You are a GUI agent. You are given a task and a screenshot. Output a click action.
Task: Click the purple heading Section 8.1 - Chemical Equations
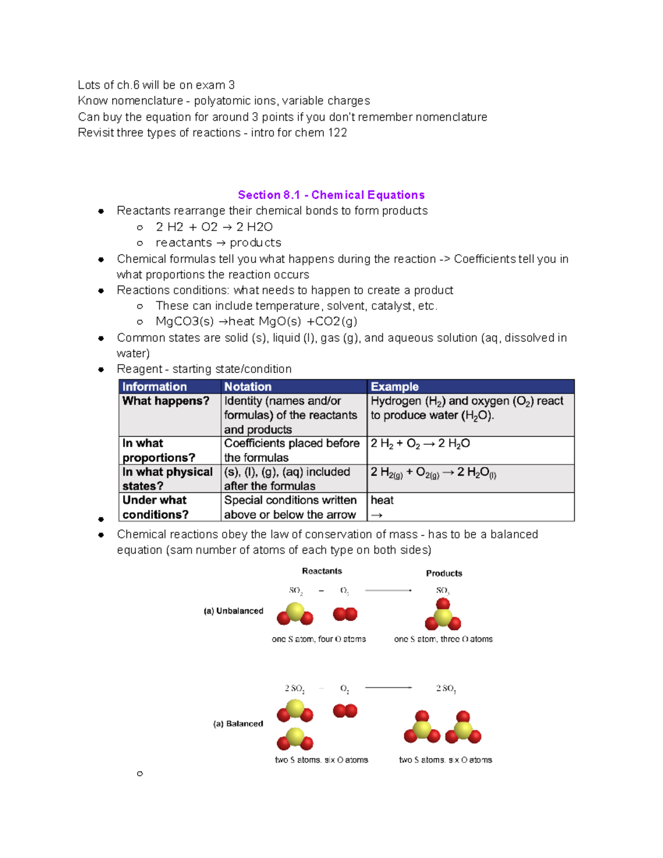point(331,195)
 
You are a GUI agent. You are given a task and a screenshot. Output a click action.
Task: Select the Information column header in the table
point(154,387)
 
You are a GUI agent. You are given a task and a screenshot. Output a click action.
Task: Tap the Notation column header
point(248,387)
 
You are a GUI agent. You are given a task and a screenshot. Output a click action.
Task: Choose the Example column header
point(394,387)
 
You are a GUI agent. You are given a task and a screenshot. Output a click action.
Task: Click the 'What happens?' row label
point(166,401)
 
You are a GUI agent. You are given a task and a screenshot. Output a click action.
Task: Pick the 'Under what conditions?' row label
point(155,507)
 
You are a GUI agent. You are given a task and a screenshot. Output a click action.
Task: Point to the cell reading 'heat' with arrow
point(382,507)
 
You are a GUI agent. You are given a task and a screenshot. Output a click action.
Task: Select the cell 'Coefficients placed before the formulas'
point(292,450)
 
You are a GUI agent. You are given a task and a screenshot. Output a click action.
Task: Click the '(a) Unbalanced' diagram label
point(233,611)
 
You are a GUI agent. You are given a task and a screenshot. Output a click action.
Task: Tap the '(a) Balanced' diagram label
point(238,724)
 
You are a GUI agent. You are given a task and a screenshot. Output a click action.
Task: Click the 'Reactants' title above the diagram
point(322,571)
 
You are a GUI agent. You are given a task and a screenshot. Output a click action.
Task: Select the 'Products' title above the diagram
point(444,573)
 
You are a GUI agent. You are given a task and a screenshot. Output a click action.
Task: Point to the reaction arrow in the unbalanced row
point(388,591)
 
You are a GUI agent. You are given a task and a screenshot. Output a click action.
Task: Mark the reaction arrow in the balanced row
point(388,688)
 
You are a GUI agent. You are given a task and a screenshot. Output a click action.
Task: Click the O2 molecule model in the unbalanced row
point(345,614)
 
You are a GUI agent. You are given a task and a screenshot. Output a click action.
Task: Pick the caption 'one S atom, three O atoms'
point(443,639)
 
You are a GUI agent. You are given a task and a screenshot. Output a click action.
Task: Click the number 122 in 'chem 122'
point(337,133)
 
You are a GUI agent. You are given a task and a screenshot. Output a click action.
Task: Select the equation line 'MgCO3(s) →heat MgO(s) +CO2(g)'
point(256,322)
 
